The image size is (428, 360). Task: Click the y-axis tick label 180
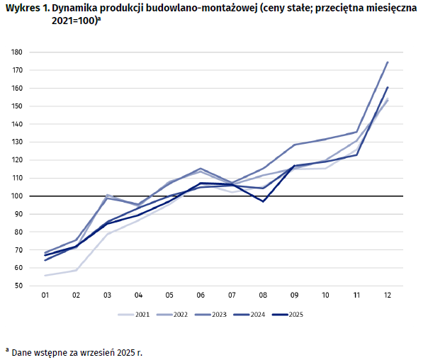[x=16, y=52]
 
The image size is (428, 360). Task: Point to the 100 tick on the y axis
[x=16, y=196]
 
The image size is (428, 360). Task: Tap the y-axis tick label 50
[x=18, y=286]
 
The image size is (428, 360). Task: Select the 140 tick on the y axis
[x=16, y=124]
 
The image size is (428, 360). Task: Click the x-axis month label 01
[x=45, y=295]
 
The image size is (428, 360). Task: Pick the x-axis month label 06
[x=201, y=295]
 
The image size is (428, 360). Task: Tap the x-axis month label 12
[x=387, y=295]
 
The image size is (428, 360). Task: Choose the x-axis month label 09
[x=293, y=295]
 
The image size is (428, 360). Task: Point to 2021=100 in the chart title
[x=74, y=22]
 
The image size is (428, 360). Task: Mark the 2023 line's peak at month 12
[x=388, y=62]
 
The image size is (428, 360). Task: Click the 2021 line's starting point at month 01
[x=45, y=276]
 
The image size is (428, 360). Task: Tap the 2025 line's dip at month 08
[x=263, y=201]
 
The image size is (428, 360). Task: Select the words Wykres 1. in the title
[x=25, y=9]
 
